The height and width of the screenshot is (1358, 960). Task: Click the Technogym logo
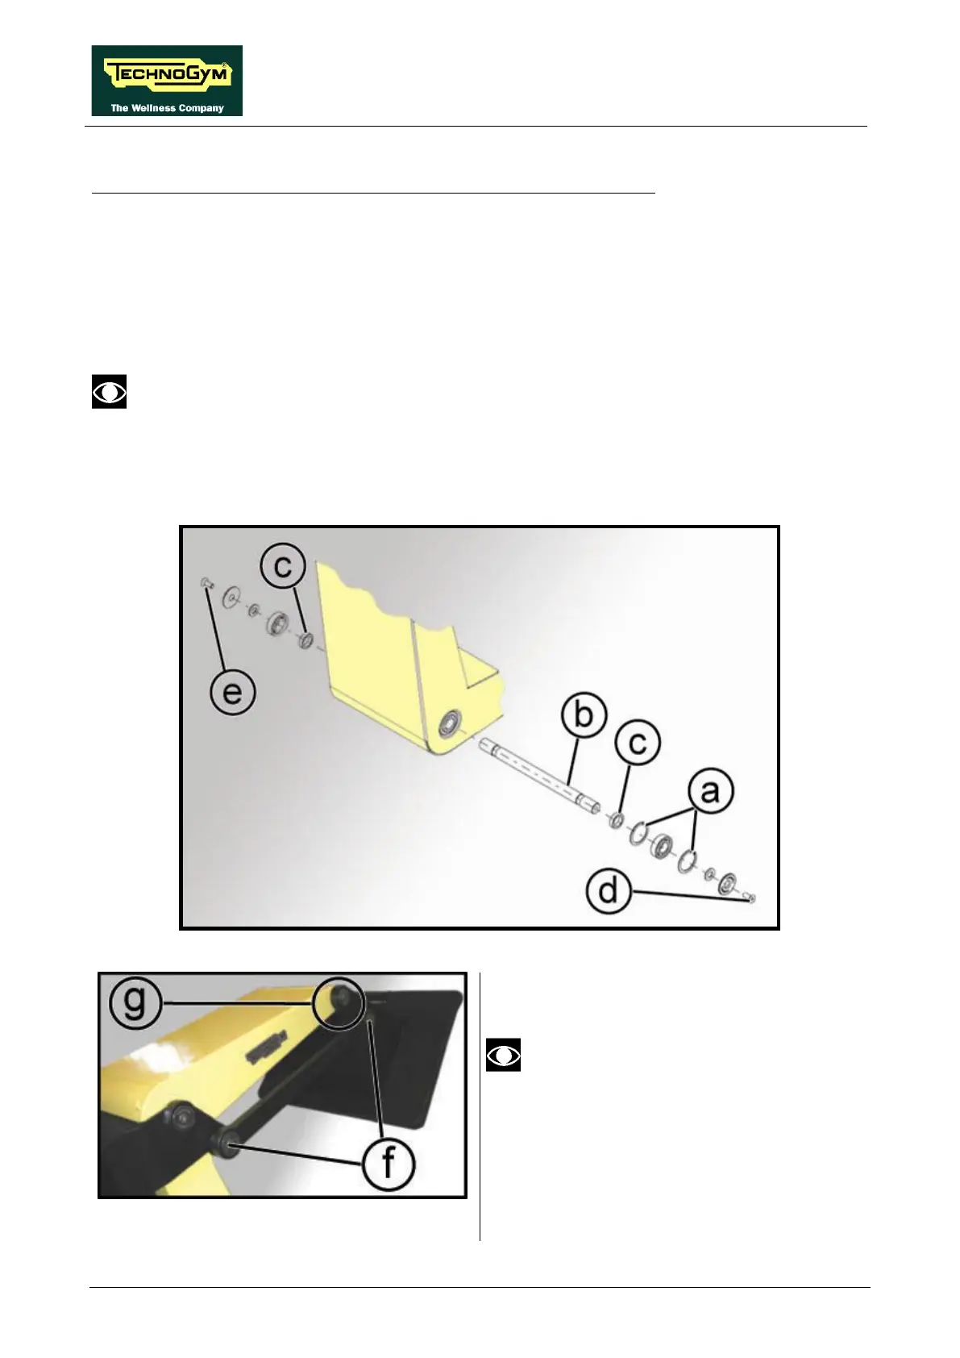(x=167, y=81)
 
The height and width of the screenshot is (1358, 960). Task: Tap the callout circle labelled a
(x=709, y=791)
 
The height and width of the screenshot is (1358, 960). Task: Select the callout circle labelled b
(x=583, y=714)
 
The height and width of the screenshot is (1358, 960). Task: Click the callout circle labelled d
(x=609, y=891)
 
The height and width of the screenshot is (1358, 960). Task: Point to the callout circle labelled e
(x=233, y=692)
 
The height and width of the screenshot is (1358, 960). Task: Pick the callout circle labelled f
(x=389, y=1163)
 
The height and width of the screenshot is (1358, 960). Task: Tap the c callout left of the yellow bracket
(x=283, y=566)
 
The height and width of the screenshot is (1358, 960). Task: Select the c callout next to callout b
(x=637, y=743)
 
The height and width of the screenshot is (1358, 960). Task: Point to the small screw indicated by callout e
(x=205, y=581)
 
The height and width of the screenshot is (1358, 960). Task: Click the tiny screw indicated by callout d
(x=751, y=898)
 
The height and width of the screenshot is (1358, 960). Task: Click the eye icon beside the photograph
(x=503, y=1055)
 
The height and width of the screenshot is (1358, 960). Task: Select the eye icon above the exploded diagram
(x=109, y=392)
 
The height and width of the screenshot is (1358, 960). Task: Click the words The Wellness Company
(x=167, y=108)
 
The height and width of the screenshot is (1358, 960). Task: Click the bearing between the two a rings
(x=663, y=846)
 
